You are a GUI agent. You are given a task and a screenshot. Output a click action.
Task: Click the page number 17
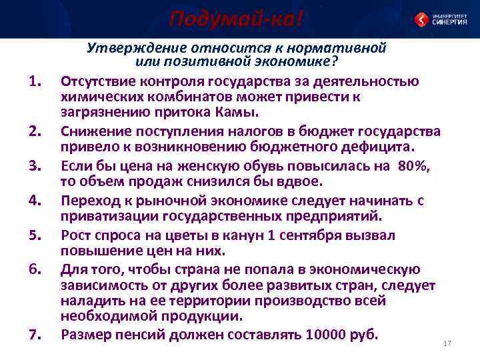[x=447, y=343]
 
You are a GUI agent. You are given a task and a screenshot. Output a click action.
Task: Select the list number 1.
[x=37, y=83]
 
